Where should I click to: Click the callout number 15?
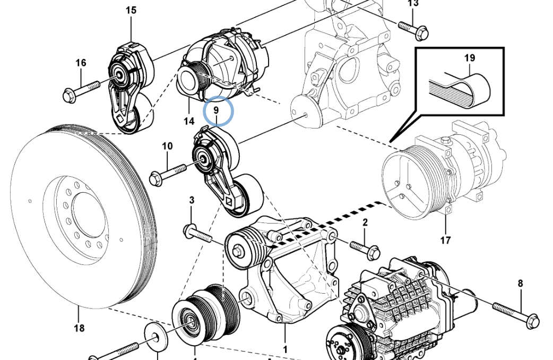[131, 10]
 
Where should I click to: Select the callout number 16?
[81, 63]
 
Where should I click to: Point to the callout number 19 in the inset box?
[470, 58]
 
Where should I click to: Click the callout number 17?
[445, 240]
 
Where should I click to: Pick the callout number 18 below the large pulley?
[79, 328]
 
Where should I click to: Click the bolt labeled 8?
[515, 313]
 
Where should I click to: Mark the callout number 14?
[189, 121]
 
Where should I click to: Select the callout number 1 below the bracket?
[285, 349]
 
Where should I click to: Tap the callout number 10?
[167, 146]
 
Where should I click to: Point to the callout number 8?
[520, 284]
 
